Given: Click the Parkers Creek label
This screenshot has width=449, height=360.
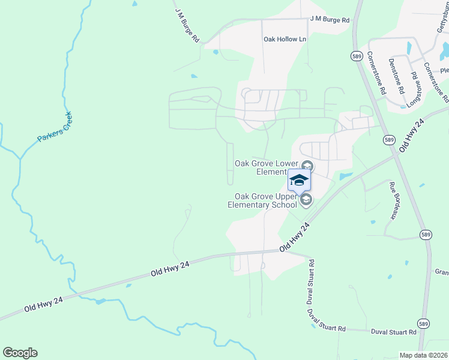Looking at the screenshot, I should (x=55, y=127).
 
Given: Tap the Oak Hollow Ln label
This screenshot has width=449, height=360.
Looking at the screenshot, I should (x=285, y=39).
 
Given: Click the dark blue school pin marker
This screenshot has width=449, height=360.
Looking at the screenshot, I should (x=299, y=179).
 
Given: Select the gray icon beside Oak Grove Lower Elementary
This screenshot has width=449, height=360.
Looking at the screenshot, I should (x=307, y=166).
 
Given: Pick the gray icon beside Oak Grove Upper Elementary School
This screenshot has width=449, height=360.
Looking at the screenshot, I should (x=306, y=200).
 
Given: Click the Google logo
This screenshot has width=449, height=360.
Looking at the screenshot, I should (x=20, y=353).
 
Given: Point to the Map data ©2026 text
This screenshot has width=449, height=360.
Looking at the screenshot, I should (x=424, y=355).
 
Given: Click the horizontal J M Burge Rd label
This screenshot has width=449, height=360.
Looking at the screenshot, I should (x=330, y=20).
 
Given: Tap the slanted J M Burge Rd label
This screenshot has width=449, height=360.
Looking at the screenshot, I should (x=187, y=25).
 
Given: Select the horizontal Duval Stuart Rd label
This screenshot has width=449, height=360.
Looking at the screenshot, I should (x=393, y=332).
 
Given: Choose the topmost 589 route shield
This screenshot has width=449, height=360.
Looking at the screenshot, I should (x=357, y=55).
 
